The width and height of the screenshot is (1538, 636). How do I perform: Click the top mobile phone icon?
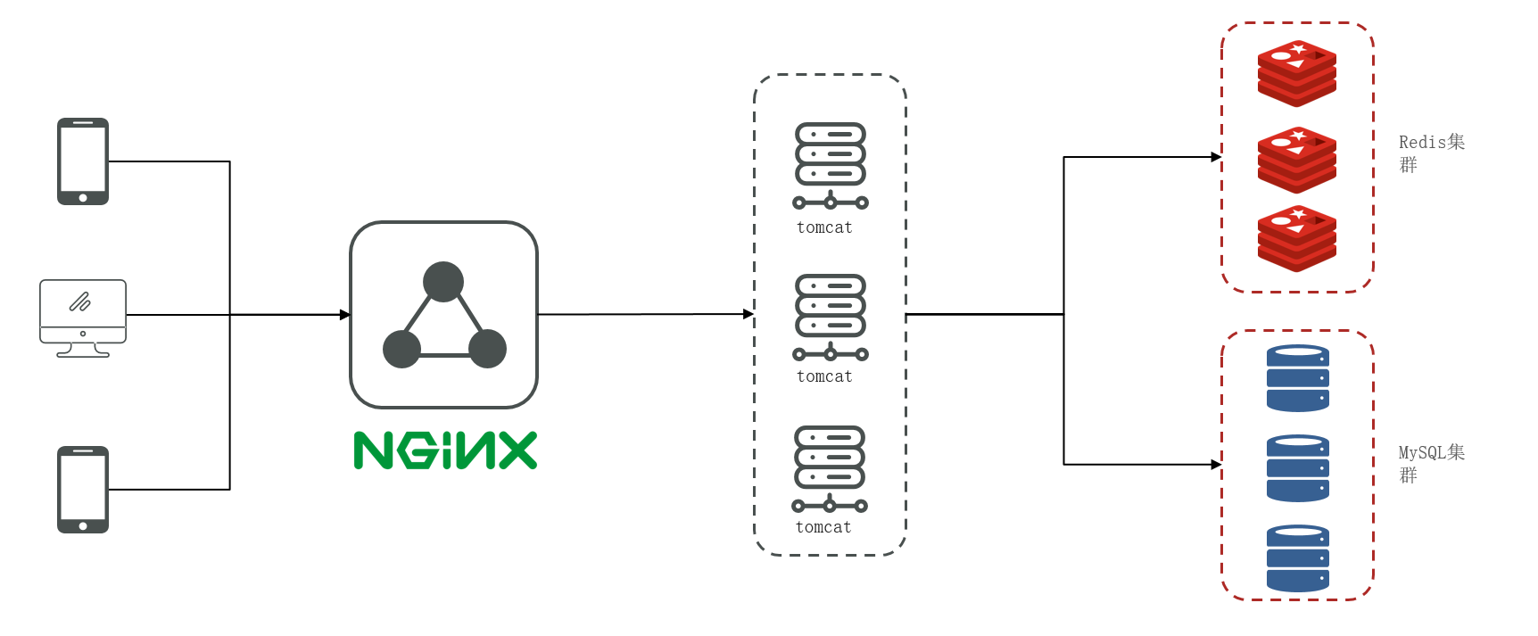click(x=83, y=161)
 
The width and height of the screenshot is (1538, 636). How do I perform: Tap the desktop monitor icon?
click(x=83, y=318)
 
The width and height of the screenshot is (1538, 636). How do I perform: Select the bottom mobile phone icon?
click(x=83, y=490)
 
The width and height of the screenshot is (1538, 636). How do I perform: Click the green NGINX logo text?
click(x=445, y=450)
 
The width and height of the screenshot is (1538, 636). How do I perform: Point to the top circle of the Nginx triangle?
click(x=443, y=282)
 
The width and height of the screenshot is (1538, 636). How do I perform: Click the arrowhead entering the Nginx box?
click(x=345, y=315)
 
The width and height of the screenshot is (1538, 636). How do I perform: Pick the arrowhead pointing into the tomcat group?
click(x=748, y=314)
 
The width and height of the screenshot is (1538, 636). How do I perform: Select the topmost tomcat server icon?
click(x=831, y=165)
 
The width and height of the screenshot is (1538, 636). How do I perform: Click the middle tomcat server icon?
click(x=831, y=317)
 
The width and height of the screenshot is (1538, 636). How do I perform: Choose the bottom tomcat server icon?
click(x=831, y=468)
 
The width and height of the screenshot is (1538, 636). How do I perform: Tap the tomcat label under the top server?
click(x=824, y=228)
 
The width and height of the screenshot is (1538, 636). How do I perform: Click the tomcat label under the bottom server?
click(x=823, y=528)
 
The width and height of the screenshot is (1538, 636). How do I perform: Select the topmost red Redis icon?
click(x=1297, y=73)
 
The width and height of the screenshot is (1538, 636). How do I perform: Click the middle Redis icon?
click(x=1297, y=160)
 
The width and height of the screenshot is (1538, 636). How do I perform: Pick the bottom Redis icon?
click(x=1297, y=238)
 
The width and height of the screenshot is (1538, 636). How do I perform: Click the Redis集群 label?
click(x=1431, y=153)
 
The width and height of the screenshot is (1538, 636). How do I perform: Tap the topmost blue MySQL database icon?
click(x=1298, y=378)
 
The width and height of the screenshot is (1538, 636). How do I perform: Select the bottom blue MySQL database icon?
click(x=1298, y=558)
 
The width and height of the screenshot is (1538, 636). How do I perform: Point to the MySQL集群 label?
click(x=1431, y=463)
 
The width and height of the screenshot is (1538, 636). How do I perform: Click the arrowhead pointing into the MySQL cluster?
click(x=1216, y=465)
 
